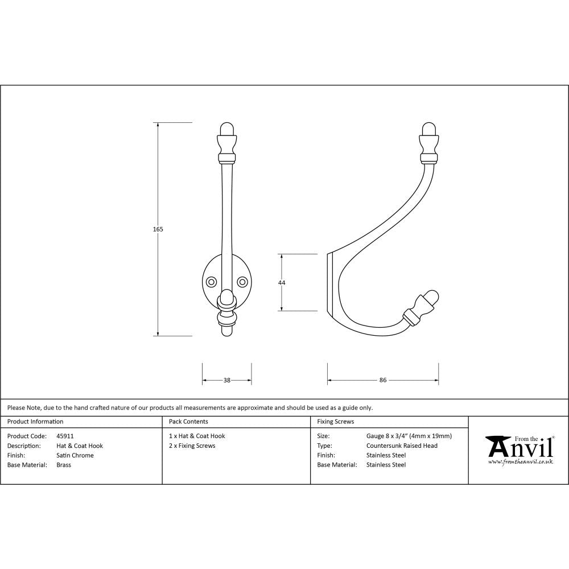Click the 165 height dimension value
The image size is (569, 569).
coord(158,229)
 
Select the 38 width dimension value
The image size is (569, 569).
coord(227,381)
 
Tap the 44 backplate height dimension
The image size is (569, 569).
coord(282,283)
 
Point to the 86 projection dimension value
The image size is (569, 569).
coord(383,381)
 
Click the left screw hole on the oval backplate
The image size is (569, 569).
coord(211,282)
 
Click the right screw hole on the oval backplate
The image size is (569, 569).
coord(242,282)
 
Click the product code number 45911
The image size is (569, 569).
coord(65,436)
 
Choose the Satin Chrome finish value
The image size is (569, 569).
coord(75,455)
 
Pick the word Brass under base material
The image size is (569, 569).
coord(64,465)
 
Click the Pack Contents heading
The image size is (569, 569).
coord(188,422)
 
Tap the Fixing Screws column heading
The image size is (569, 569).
coord(335,422)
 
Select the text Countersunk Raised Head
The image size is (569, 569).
coord(402,446)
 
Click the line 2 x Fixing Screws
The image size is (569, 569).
coord(192,446)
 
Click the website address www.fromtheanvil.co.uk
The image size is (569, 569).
coord(521,462)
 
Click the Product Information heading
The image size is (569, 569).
coord(35,422)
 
